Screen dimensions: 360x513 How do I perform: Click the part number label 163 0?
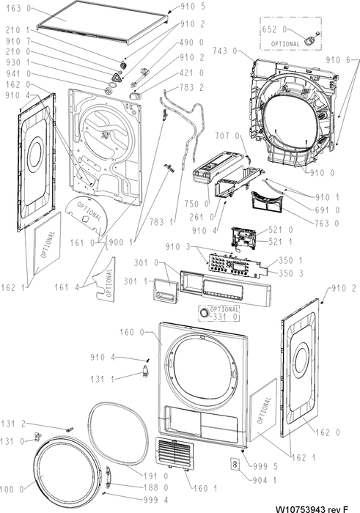(x=18, y=9)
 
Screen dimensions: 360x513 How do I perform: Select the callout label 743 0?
(x=226, y=51)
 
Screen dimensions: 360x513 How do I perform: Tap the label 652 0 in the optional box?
(x=274, y=30)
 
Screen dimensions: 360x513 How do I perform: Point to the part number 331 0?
(x=226, y=317)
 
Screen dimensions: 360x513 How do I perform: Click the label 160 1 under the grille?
(x=205, y=489)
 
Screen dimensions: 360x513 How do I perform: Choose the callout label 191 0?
(x=155, y=476)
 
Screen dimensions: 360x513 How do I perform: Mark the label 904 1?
(x=265, y=480)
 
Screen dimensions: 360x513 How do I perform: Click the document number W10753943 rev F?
(x=312, y=509)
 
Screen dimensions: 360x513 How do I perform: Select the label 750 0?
(x=196, y=204)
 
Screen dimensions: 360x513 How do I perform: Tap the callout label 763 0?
(x=327, y=224)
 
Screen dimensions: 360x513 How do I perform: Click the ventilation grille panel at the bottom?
(x=175, y=454)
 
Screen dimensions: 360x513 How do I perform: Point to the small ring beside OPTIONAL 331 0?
(x=205, y=312)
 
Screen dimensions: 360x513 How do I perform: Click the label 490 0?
(x=191, y=43)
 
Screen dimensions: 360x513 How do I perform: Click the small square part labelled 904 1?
(x=235, y=464)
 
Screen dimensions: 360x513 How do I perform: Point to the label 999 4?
(x=155, y=500)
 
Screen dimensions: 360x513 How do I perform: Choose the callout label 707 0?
(x=227, y=136)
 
